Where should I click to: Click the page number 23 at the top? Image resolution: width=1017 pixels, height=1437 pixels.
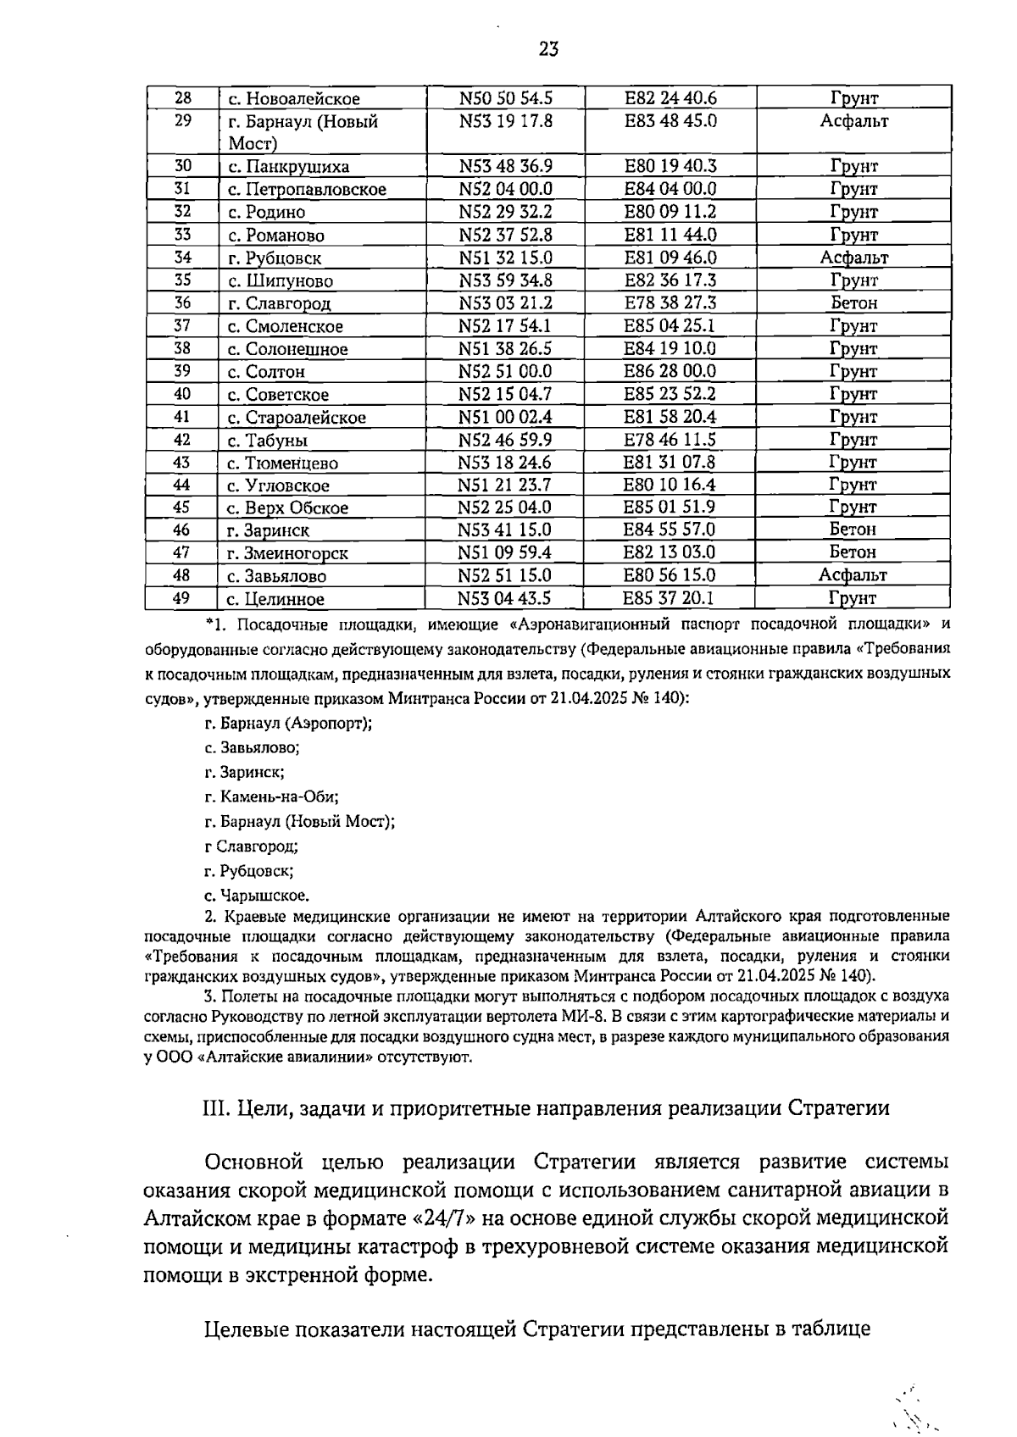(548, 49)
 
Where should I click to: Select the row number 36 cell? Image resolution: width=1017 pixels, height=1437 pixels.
(182, 303)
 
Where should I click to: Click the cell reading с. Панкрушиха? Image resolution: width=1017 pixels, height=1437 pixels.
(288, 167)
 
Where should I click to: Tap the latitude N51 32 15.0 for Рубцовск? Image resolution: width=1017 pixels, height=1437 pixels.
(505, 258)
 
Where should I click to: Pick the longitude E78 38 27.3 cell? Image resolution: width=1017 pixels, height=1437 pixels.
(670, 303)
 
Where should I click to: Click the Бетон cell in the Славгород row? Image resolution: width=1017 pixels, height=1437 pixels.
(853, 303)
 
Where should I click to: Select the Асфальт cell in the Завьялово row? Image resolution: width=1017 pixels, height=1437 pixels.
(853, 575)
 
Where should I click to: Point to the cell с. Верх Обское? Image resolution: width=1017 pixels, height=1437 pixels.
(287, 508)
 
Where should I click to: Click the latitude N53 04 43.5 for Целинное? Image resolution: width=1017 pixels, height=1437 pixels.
(504, 598)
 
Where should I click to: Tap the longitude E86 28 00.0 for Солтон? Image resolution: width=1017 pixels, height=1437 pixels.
(670, 371)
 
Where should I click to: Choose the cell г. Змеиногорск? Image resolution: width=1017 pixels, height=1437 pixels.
(287, 553)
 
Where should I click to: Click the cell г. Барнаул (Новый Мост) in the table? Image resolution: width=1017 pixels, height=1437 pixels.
(303, 132)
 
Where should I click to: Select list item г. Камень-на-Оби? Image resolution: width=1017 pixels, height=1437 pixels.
(271, 796)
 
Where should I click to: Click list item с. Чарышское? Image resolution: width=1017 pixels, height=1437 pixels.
(257, 895)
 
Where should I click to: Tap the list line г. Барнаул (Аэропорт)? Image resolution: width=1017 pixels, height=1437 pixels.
(288, 723)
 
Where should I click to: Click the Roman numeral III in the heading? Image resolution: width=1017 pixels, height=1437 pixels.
(216, 1107)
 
